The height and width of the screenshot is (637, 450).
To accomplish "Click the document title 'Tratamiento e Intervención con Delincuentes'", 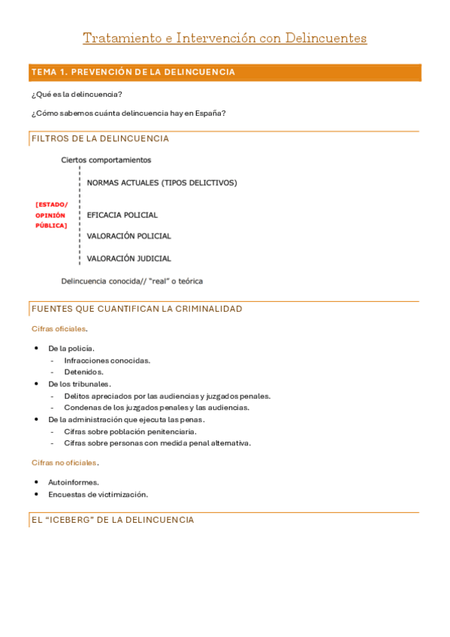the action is pyautogui.click(x=225, y=38).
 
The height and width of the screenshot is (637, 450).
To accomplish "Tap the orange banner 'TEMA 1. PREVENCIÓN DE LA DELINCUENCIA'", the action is pyautogui.click(x=133, y=72).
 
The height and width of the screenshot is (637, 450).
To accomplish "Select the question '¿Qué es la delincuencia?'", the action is pyautogui.click(x=77, y=94).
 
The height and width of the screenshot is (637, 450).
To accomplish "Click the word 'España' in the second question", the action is pyautogui.click(x=210, y=113).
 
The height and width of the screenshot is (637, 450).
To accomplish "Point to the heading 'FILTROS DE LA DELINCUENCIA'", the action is pyautogui.click(x=100, y=138).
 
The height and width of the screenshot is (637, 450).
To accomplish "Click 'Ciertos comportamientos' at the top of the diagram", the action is pyautogui.click(x=106, y=160).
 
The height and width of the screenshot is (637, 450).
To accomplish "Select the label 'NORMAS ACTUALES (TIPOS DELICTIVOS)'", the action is pyautogui.click(x=162, y=183).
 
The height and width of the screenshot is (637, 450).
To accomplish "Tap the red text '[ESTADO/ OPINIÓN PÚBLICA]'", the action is pyautogui.click(x=51, y=215).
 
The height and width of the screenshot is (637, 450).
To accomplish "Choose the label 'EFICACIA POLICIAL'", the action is pyautogui.click(x=122, y=215).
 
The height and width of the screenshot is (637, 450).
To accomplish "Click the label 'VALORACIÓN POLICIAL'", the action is pyautogui.click(x=129, y=236).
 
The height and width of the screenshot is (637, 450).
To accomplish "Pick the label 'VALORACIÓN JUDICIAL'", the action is pyautogui.click(x=129, y=258).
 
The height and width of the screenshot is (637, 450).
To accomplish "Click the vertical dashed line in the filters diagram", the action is pyautogui.click(x=80, y=218).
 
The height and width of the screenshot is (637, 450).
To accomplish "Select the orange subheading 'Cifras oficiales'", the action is pyautogui.click(x=59, y=329).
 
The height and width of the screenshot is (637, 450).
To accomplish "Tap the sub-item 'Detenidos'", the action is pyautogui.click(x=83, y=372).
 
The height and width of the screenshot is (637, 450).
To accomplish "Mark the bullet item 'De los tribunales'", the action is pyautogui.click(x=79, y=384).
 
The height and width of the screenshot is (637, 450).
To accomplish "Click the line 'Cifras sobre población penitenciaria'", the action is pyautogui.click(x=130, y=431).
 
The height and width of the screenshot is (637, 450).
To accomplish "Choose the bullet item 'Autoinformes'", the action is pyautogui.click(x=73, y=482).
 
